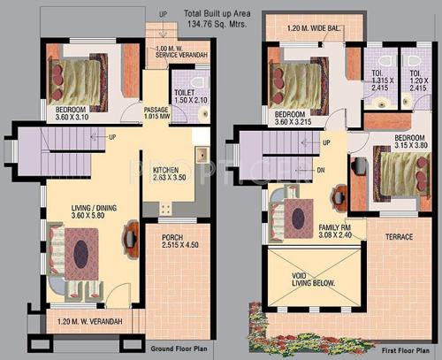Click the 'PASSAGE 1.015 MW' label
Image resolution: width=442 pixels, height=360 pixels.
point(156,113)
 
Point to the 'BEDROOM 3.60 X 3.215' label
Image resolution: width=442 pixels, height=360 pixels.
point(296,119)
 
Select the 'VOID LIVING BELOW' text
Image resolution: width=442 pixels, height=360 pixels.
point(305,280)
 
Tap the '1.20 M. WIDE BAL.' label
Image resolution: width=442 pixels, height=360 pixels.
point(313,28)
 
